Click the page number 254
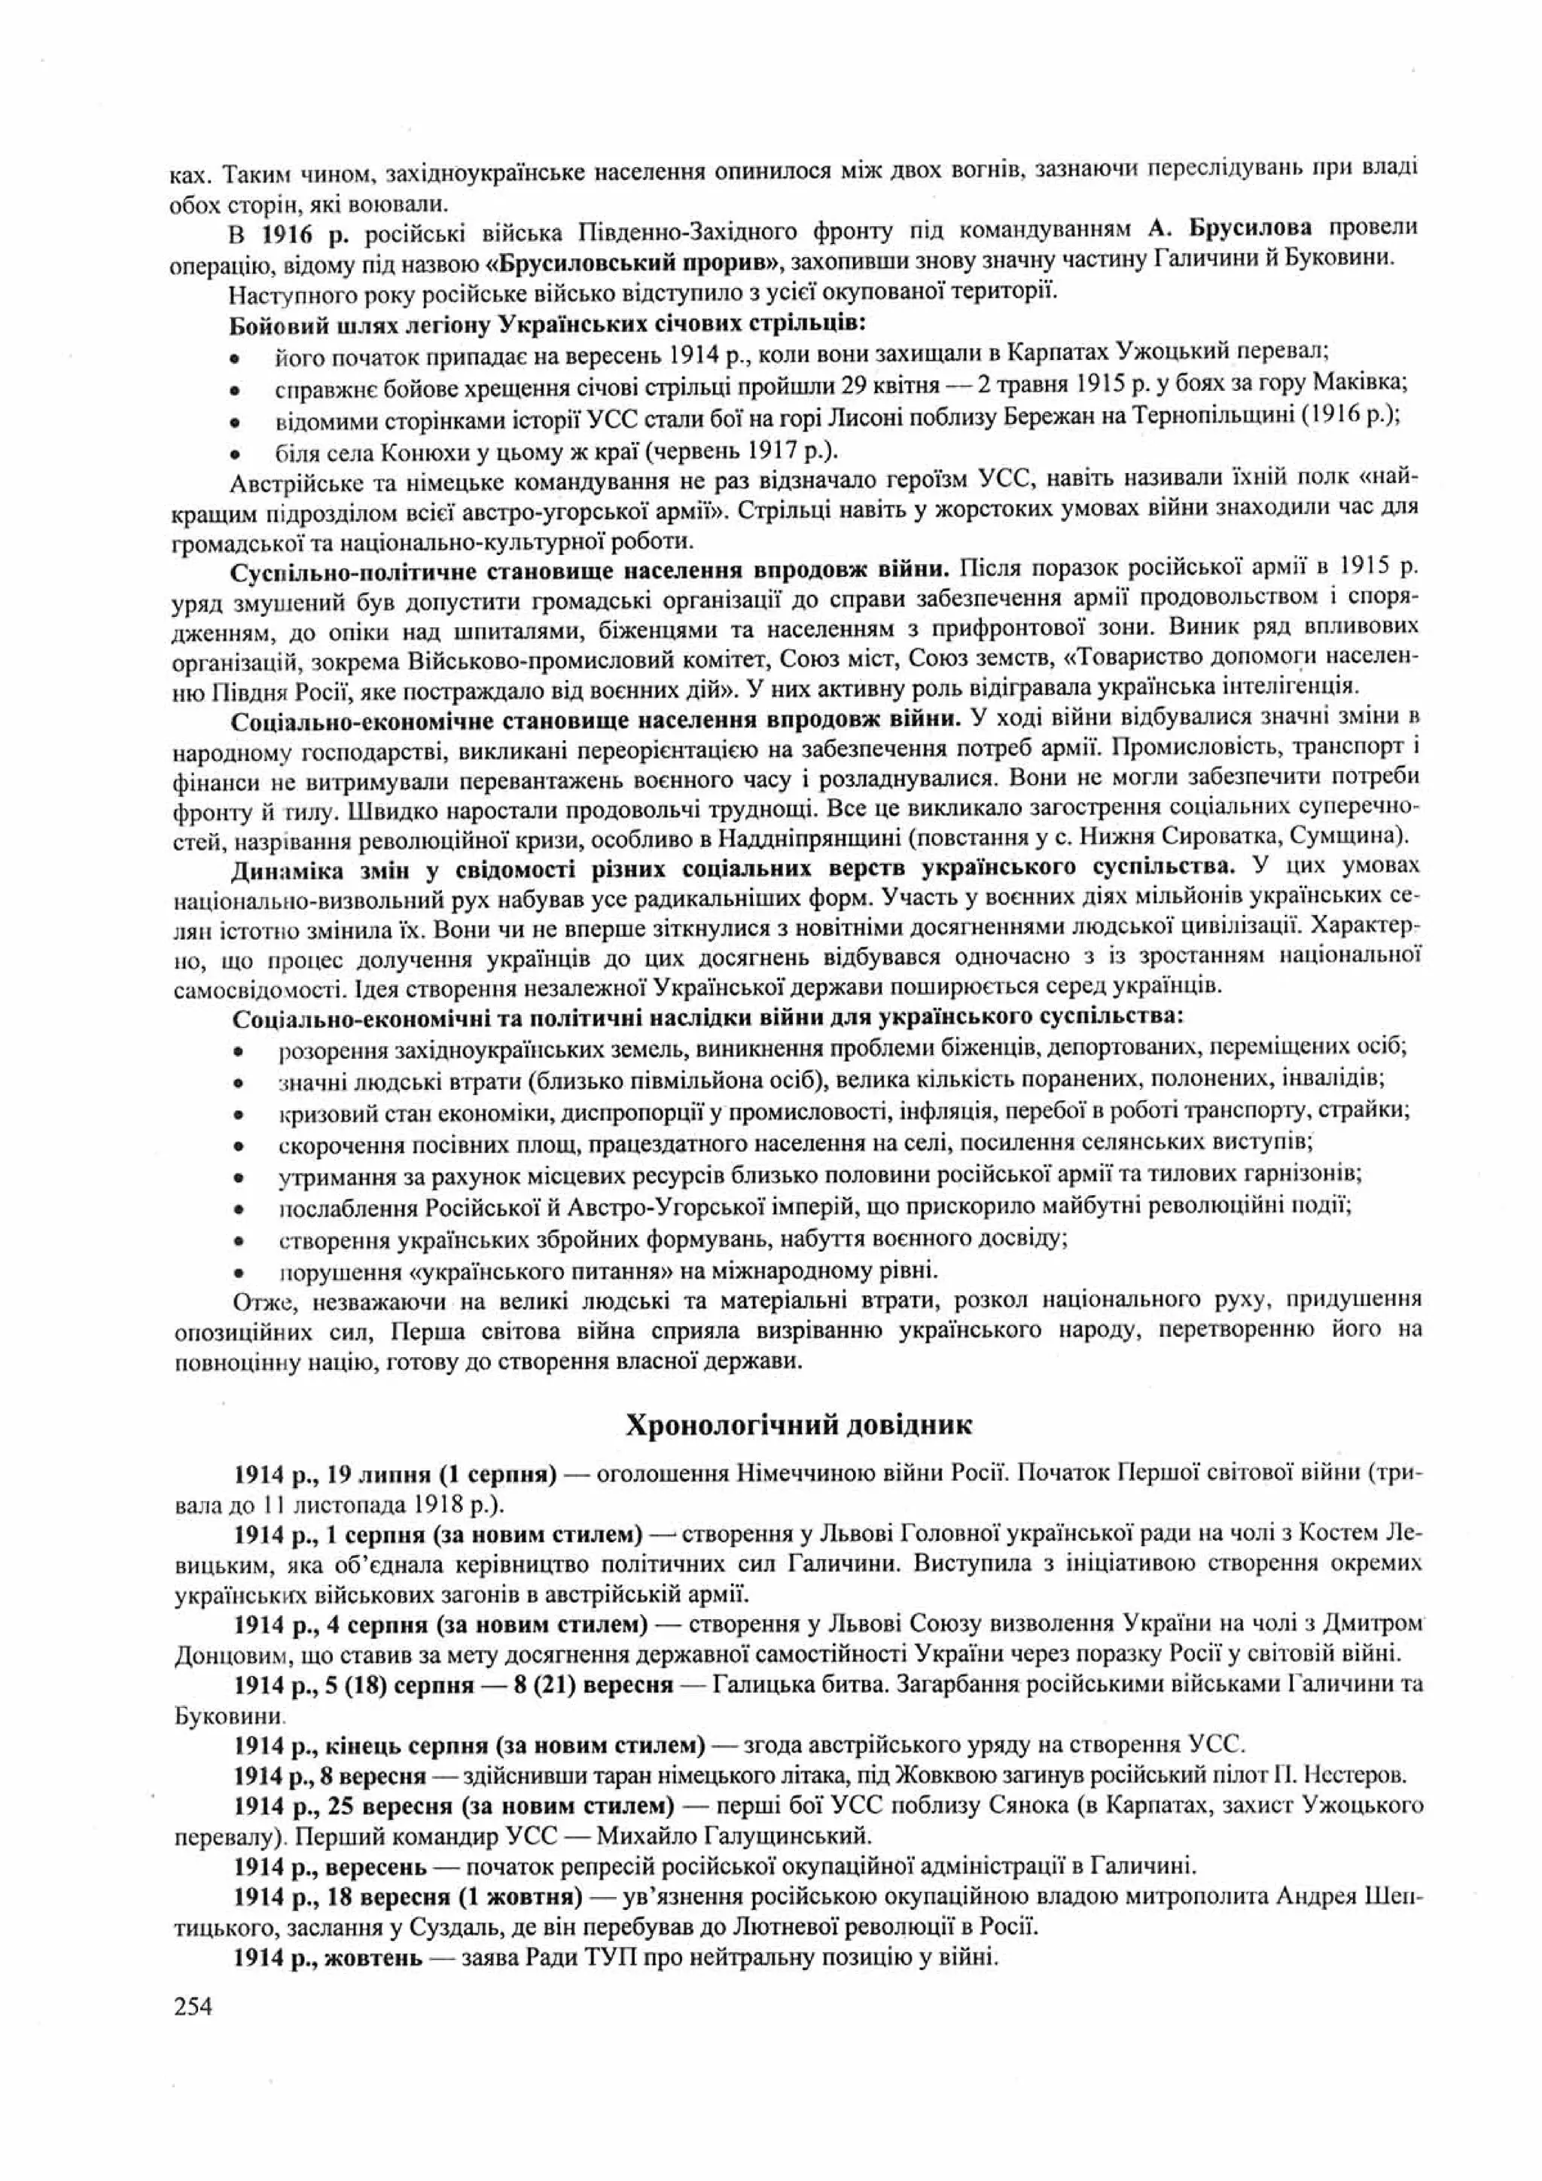pos(193,2006)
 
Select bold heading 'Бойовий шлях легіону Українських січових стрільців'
pos(547,325)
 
